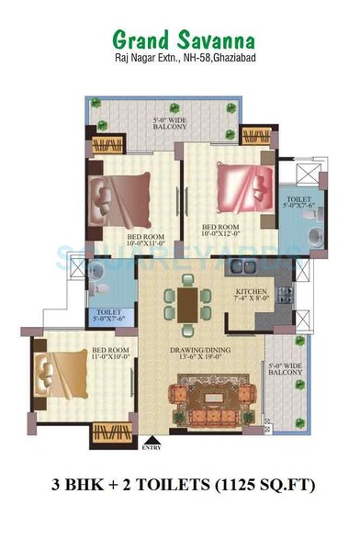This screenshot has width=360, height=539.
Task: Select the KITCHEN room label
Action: pos(245,295)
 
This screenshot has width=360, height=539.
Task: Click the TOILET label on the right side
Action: pos(299,201)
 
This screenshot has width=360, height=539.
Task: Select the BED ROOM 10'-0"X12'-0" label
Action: pos(220,230)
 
